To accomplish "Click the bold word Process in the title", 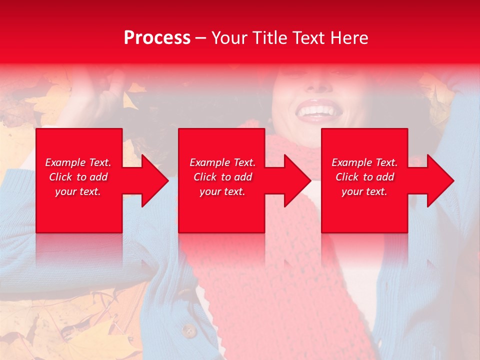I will (157, 37).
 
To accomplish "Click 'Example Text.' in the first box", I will (78, 162).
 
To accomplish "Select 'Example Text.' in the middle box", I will (222, 162).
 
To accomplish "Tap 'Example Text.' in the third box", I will (364, 162).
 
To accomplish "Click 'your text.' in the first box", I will (78, 191).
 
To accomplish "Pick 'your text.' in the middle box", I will (222, 191).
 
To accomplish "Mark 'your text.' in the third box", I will (364, 191).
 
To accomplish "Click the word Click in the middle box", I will (205, 177).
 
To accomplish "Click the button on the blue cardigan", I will (188, 330).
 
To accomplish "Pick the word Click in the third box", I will (347, 177).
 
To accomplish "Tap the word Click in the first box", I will (60, 177).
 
